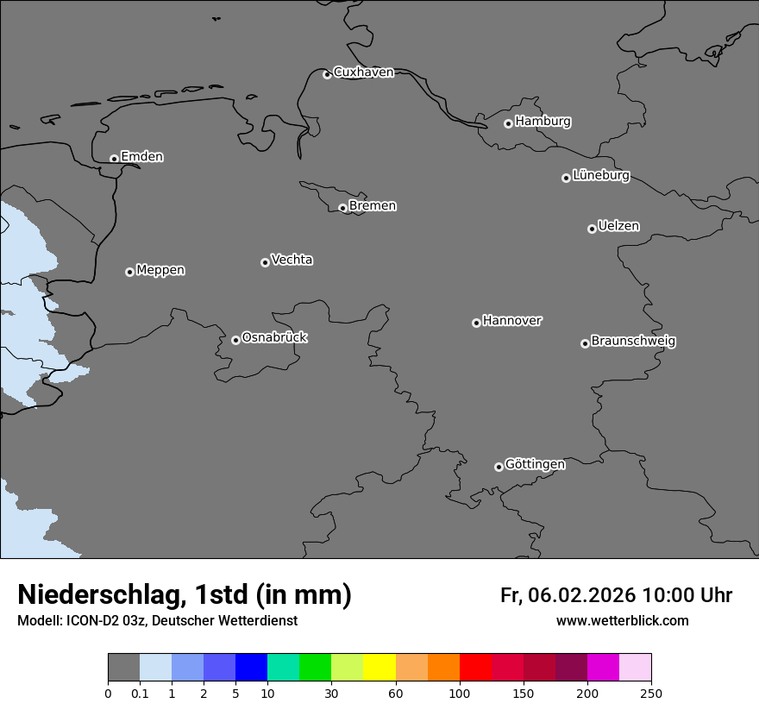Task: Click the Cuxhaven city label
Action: pyautogui.click(x=363, y=72)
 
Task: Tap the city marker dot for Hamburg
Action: pyautogui.click(x=509, y=123)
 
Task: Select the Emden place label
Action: pyautogui.click(x=141, y=157)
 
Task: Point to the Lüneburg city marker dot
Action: pyautogui.click(x=566, y=178)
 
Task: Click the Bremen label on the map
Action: pyautogui.click(x=373, y=206)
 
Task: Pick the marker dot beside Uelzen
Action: pyautogui.click(x=592, y=229)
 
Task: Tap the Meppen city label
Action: pyautogui.click(x=160, y=270)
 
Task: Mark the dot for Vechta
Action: pyautogui.click(x=265, y=262)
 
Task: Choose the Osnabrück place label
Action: pyautogui.click(x=274, y=337)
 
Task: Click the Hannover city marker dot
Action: pyautogui.click(x=476, y=323)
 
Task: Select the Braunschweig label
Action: pyautogui.click(x=633, y=342)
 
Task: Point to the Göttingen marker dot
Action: pyautogui.click(x=499, y=467)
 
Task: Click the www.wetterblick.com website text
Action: pyautogui.click(x=623, y=621)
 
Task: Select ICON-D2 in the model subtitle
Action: pyautogui.click(x=96, y=621)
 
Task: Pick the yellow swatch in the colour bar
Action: pyautogui.click(x=379, y=668)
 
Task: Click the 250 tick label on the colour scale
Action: pyautogui.click(x=651, y=693)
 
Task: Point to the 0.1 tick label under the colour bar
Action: pyautogui.click(x=140, y=693)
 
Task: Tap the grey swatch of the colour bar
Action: pyautogui.click(x=123, y=668)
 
